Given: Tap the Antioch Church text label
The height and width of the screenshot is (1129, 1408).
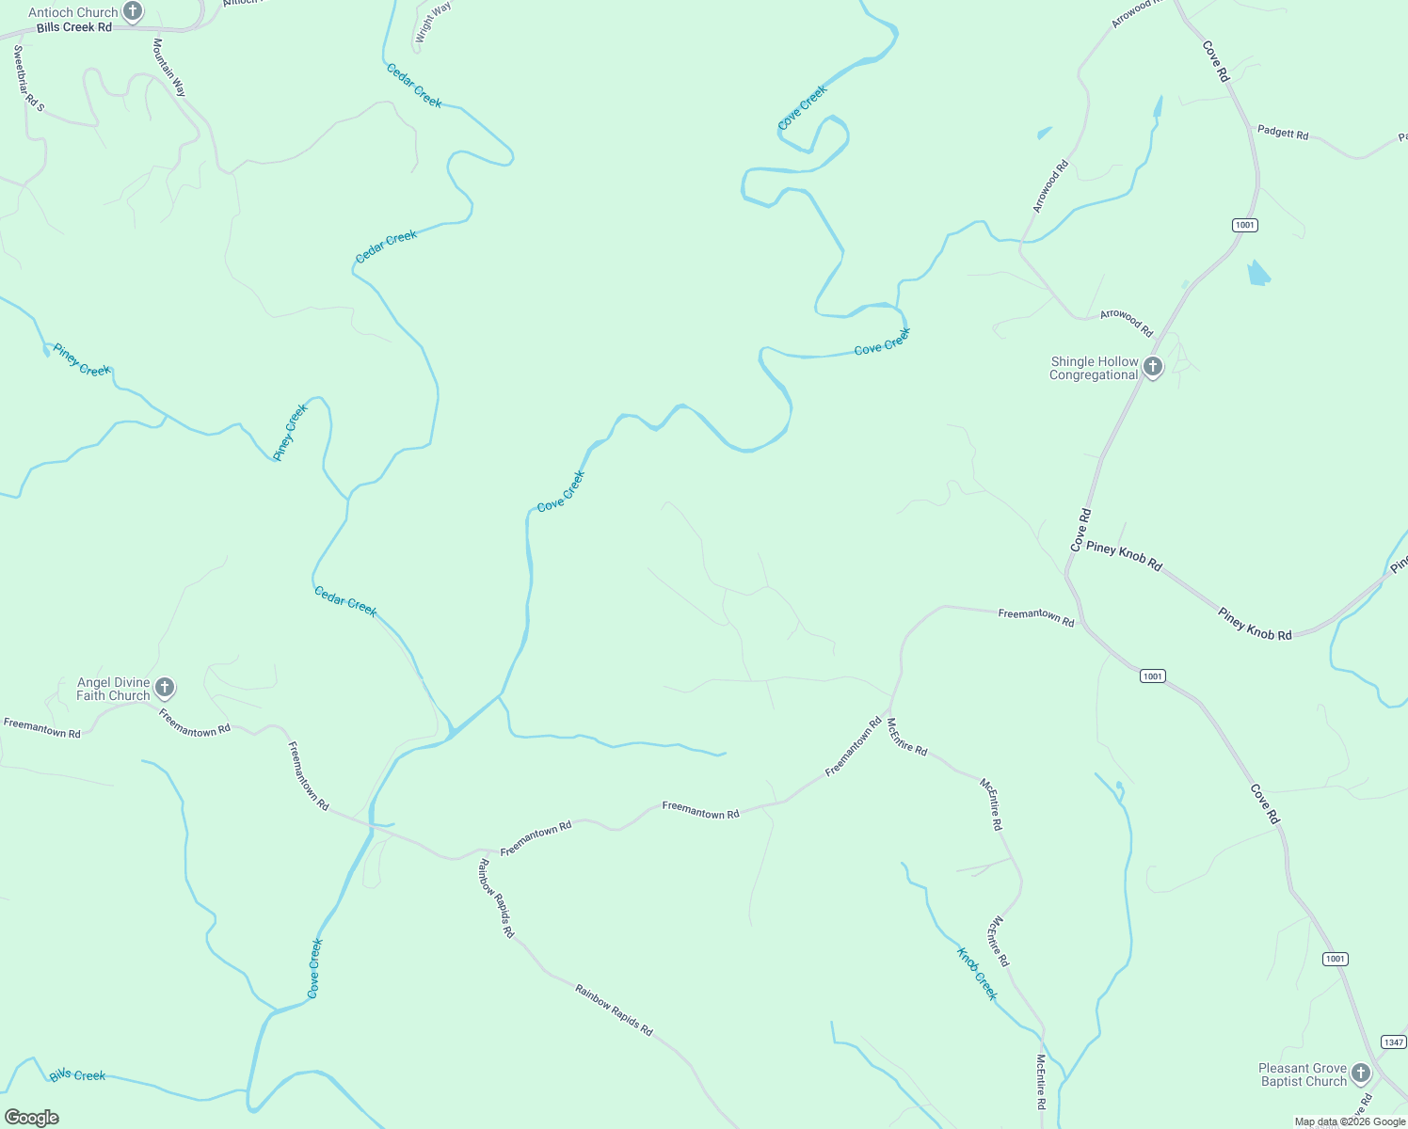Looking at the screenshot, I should point(73,12).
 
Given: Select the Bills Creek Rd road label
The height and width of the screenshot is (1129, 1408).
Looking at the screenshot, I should point(74,27).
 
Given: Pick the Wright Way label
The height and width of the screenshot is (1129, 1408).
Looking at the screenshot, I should point(434,22).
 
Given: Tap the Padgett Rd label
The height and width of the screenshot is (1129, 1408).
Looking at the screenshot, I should point(1283,133).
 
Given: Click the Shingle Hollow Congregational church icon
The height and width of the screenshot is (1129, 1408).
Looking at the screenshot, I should point(1153,368).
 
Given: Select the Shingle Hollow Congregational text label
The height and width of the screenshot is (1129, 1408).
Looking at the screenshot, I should point(1094,368).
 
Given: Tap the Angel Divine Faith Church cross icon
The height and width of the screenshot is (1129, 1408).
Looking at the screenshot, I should point(165,689).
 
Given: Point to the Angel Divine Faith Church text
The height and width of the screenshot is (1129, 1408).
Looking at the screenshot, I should point(113,689).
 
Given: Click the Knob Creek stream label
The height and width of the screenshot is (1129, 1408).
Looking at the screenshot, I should point(977,974).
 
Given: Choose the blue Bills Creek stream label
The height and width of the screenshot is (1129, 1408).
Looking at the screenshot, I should point(78,1074).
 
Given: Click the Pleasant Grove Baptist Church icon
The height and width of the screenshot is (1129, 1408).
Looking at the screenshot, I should point(1361,1073).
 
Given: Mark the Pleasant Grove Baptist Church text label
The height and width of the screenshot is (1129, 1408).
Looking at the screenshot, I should point(1304,1074).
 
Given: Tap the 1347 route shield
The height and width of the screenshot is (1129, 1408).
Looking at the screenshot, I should point(1393,1042).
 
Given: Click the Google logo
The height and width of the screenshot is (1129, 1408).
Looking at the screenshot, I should point(32,1118).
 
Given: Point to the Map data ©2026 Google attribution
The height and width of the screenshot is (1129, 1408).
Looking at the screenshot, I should point(1350,1121).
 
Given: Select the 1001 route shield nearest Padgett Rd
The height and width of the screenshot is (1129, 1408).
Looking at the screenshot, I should point(1245,225).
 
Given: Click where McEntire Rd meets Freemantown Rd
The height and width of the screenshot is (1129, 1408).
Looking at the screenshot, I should point(888,717).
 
